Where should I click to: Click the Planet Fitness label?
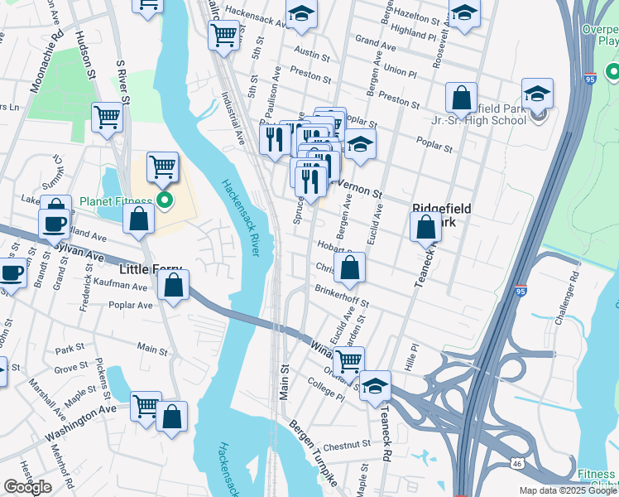(115, 201)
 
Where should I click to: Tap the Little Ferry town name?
(155, 270)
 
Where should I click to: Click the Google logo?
(27, 486)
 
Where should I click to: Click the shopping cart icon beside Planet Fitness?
(163, 167)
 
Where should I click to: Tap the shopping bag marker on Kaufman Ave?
(173, 286)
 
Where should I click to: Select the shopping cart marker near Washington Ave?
(146, 407)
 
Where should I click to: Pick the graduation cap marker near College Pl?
(375, 387)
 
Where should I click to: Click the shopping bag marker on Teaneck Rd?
(425, 226)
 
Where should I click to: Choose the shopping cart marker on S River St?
(108, 118)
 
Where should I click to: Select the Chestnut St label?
(348, 445)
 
